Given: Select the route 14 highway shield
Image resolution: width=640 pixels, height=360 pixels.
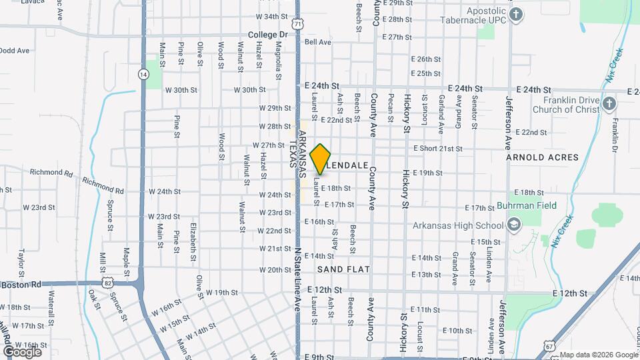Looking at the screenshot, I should (143, 74).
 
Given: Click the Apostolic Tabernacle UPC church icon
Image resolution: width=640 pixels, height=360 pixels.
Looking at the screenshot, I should (516, 15).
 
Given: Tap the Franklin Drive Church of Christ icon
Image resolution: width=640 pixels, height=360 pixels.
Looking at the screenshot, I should (611, 103).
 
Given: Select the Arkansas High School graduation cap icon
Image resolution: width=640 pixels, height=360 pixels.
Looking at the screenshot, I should (513, 225).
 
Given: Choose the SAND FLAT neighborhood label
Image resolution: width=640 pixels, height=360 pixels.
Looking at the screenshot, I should (343, 269).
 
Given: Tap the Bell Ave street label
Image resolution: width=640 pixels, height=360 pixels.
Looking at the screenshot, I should (317, 42).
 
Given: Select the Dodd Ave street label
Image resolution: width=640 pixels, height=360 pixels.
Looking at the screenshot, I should (15, 50).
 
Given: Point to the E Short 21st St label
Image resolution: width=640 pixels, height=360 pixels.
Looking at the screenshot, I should (437, 148).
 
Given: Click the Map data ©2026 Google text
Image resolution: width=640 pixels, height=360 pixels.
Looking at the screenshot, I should (598, 355).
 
